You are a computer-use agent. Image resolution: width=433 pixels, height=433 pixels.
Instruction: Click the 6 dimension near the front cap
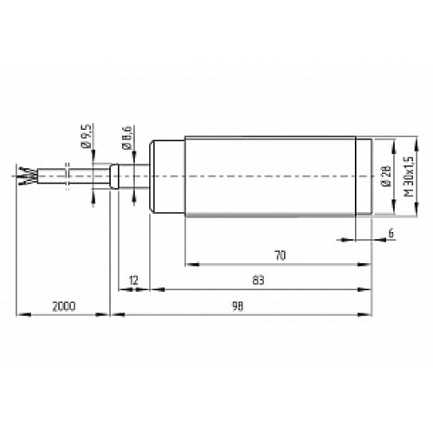coord(391,232)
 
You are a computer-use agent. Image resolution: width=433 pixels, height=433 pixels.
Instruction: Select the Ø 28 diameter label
coord(385,178)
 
